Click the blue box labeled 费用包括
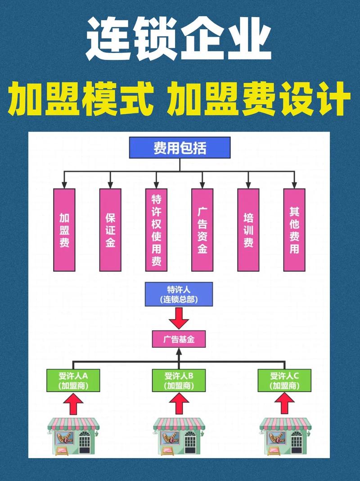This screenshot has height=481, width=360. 180,148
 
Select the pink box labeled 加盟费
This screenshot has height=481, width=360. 64,230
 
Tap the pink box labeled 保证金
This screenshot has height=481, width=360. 110,230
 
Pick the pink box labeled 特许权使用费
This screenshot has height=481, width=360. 157,230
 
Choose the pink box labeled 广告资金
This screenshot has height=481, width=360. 202,230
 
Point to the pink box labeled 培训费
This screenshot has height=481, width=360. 248,230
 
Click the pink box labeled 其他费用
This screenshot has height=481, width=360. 294,230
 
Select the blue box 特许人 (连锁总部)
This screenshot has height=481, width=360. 179,294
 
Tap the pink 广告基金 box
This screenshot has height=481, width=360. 179,339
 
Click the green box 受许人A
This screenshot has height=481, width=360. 73,380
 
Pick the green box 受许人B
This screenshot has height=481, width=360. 179,380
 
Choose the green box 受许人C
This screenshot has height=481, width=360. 284,380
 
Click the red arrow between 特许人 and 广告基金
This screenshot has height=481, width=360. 179,318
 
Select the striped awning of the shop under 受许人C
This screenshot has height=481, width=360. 284,423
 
